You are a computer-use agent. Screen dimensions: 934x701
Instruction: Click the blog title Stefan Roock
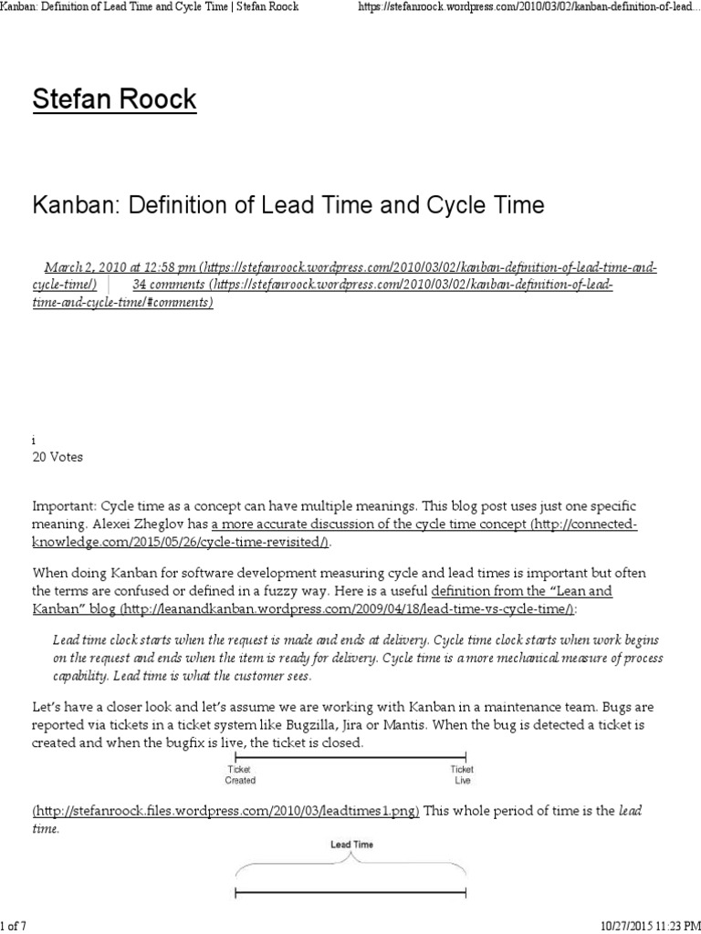114,99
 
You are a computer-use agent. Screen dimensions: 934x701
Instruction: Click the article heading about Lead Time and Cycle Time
288,205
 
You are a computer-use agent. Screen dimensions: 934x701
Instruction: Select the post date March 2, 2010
87,267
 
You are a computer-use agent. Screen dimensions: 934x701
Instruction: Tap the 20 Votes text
58,457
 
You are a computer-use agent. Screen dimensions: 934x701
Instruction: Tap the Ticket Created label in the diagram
240,774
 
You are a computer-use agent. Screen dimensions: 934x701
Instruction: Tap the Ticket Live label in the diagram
463,774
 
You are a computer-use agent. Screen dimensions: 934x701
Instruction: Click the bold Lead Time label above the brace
351,845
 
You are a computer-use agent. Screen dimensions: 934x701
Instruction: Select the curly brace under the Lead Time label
351,866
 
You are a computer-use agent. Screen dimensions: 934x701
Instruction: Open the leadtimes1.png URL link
226,811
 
